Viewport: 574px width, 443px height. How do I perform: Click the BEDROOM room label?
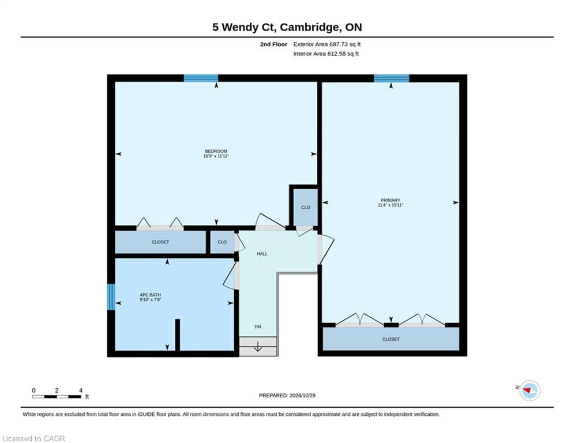coord(216,151)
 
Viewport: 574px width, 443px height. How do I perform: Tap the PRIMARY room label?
coord(390,200)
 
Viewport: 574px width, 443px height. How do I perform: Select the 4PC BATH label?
coord(151,295)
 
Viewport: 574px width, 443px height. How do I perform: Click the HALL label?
coord(262,253)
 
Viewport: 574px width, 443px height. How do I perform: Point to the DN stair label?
coord(258,326)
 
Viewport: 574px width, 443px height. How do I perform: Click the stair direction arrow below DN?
coord(258,346)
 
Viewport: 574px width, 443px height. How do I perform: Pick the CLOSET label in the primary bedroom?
coord(391,339)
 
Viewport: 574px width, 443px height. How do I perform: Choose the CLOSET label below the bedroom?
coord(160,242)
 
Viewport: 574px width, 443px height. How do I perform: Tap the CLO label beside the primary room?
coord(305,207)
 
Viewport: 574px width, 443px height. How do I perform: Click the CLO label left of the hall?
coord(222,242)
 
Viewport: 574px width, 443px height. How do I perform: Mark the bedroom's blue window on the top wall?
coord(201,78)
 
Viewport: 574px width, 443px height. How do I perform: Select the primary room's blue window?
coord(391,78)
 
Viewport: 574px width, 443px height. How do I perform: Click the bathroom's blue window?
coord(111,297)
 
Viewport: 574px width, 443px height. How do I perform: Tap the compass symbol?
coord(530,391)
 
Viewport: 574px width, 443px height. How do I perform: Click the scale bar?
coord(57,396)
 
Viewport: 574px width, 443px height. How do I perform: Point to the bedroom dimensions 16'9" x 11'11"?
coord(216,156)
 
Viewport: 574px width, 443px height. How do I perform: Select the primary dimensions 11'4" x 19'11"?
coord(390,205)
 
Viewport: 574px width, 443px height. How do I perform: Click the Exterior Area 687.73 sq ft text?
coord(327,44)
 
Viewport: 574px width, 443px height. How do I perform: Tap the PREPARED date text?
coord(287,395)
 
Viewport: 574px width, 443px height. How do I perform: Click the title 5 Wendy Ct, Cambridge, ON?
coord(287,27)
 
